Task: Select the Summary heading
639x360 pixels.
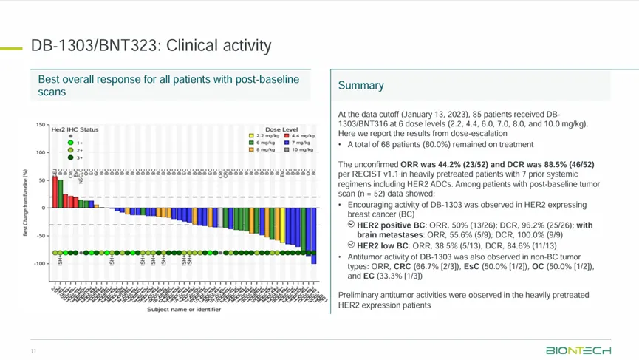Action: (361, 86)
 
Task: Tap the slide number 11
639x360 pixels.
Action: (33, 350)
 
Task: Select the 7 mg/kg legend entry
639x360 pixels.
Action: (296, 143)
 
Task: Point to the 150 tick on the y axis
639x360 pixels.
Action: (40, 125)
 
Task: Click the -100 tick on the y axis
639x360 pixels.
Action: (39, 264)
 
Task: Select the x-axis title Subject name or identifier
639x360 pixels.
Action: (183, 310)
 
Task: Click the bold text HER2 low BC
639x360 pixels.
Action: (381, 245)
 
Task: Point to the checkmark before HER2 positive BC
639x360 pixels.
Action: (351, 225)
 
